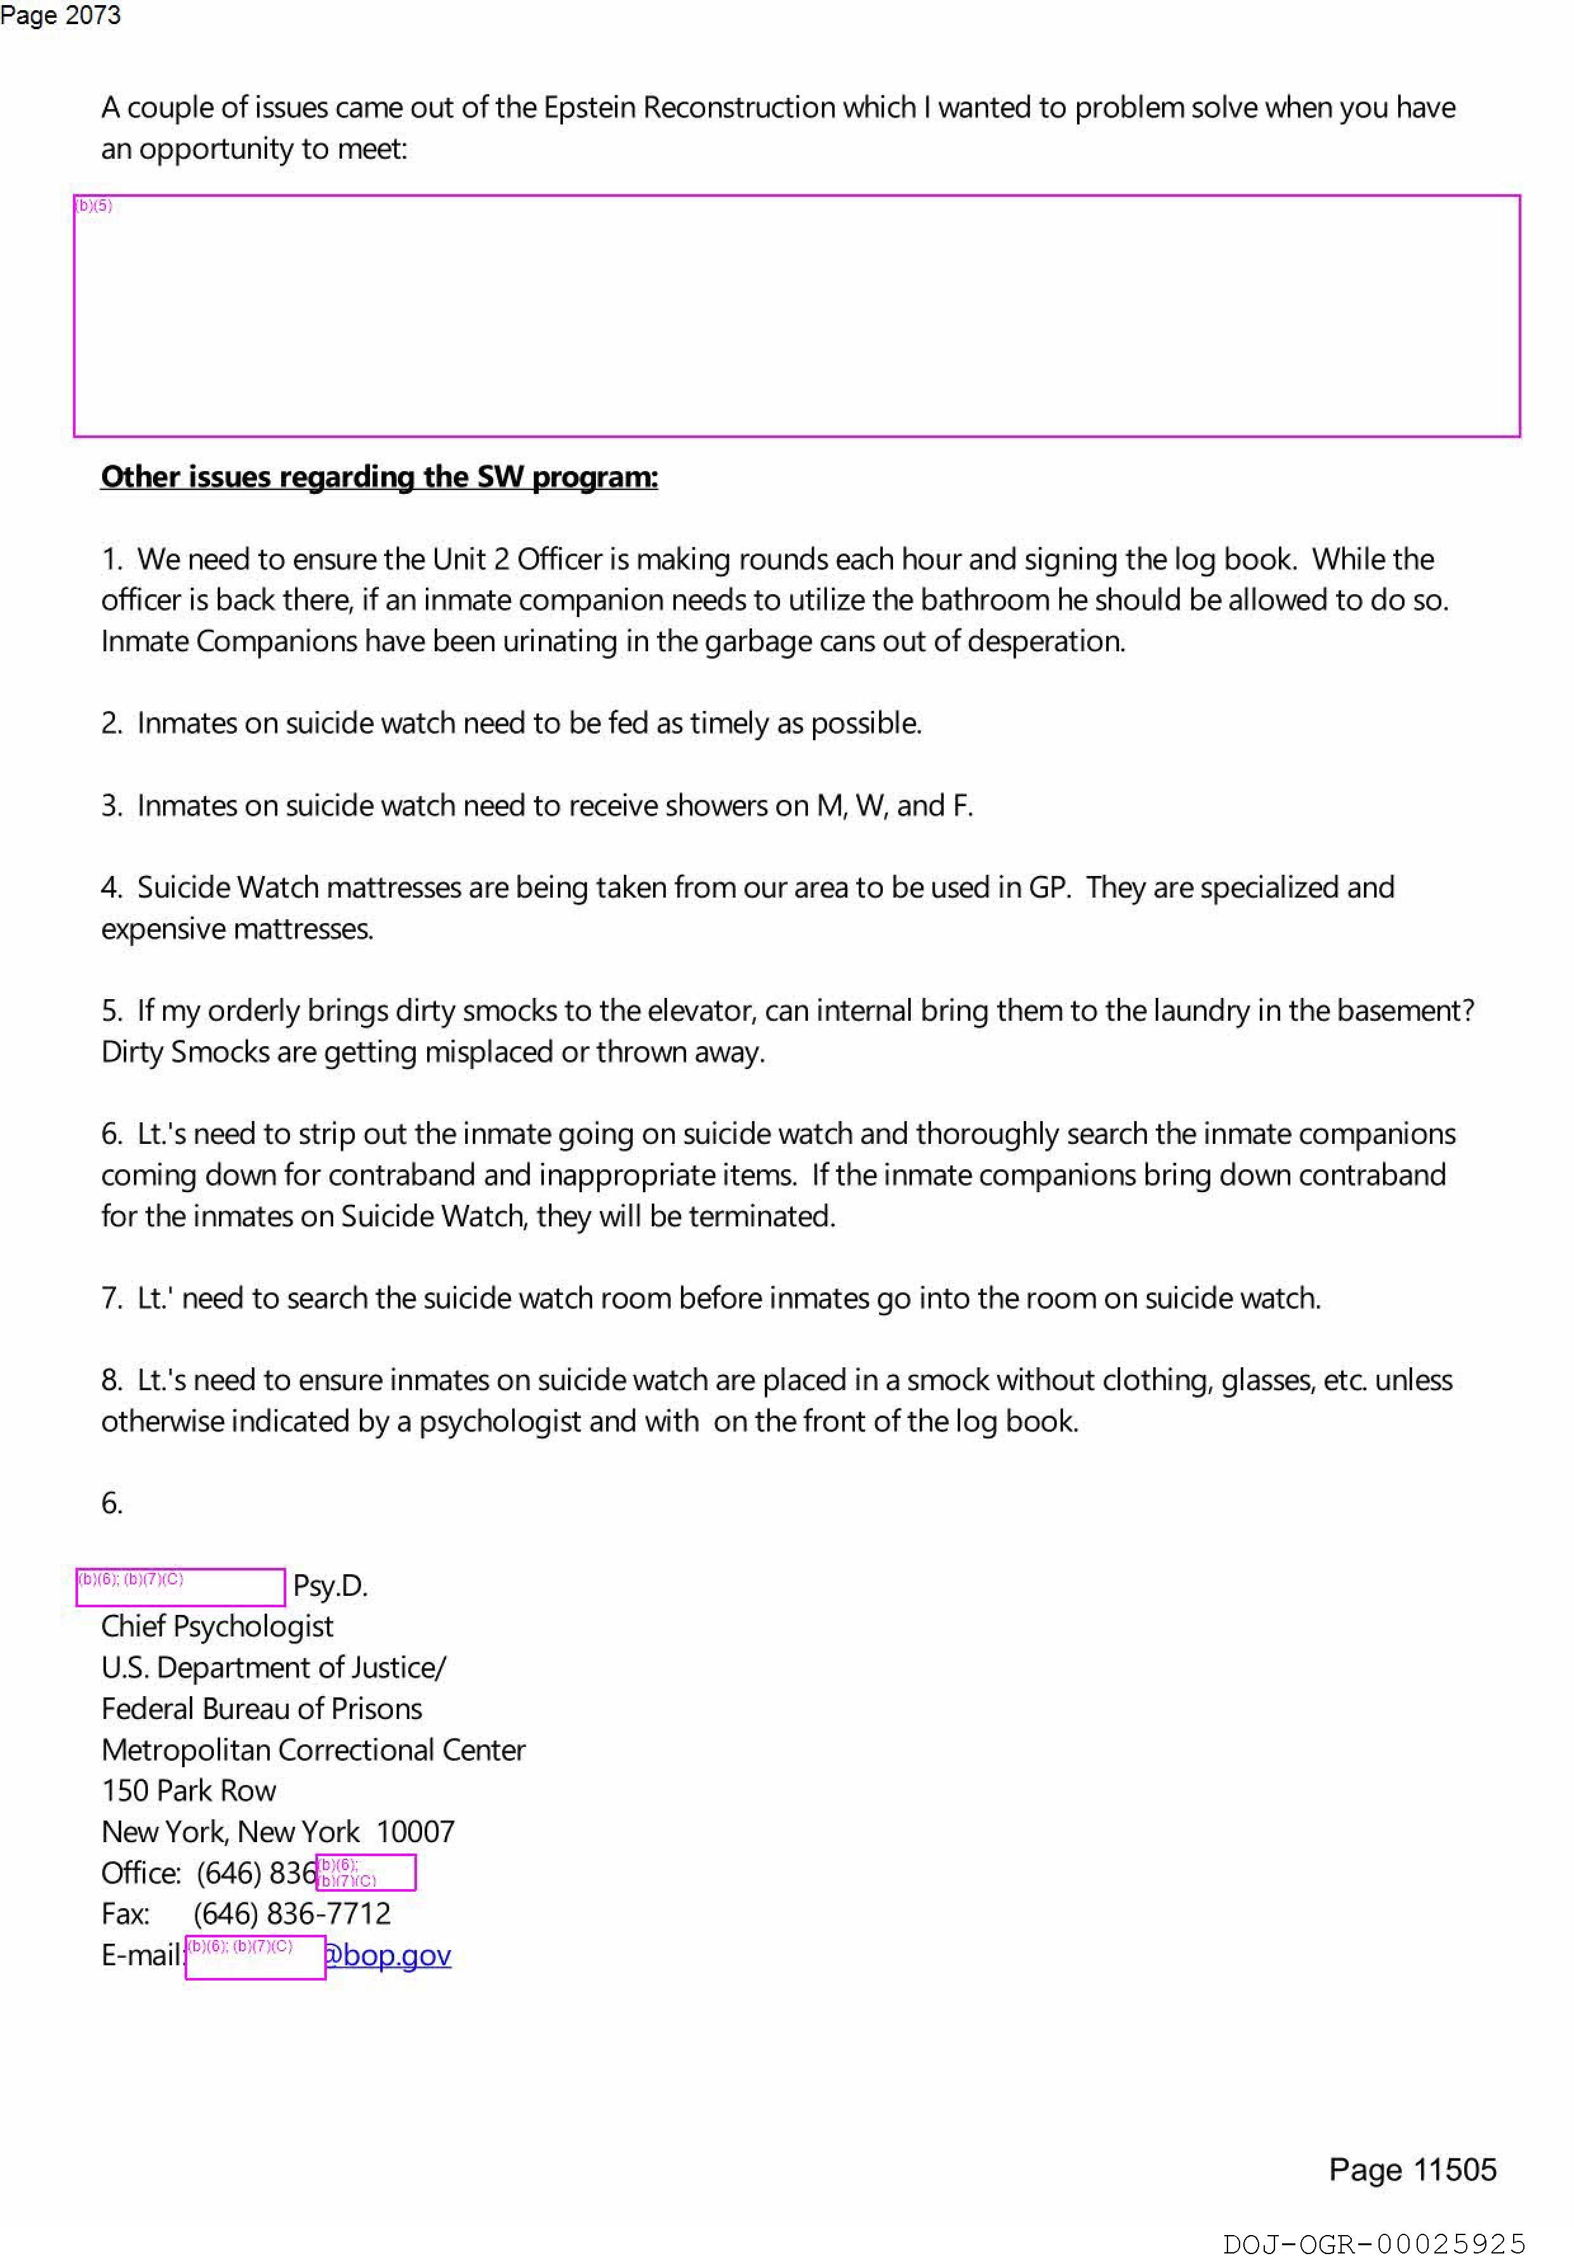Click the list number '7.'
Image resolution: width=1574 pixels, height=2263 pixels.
pos(111,1298)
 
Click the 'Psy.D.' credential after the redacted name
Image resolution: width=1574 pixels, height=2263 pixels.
pos(330,1585)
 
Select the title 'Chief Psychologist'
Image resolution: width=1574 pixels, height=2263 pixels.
pos(217,1626)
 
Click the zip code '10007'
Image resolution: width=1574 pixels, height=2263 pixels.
pos(415,1831)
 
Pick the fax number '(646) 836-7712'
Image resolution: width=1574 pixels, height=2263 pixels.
pos(292,1913)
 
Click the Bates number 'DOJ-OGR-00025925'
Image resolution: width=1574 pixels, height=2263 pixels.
pos(1374,2244)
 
